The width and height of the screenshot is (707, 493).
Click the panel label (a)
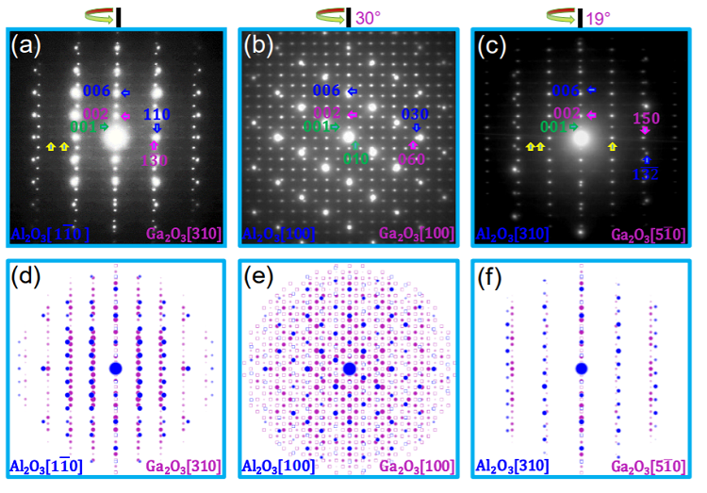[25, 44]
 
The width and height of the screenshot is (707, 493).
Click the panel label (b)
[259, 44]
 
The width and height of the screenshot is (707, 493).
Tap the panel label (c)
[492, 44]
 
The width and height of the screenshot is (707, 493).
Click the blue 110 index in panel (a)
[156, 114]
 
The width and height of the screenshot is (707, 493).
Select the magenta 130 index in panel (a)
[156, 160]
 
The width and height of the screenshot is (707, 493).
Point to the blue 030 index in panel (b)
[416, 114]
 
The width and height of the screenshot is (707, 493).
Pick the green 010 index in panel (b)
[354, 159]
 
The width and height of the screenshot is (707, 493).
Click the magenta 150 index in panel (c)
[646, 118]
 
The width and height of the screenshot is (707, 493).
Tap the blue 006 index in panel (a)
[97, 91]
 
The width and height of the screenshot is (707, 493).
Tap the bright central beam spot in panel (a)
[116, 138]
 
